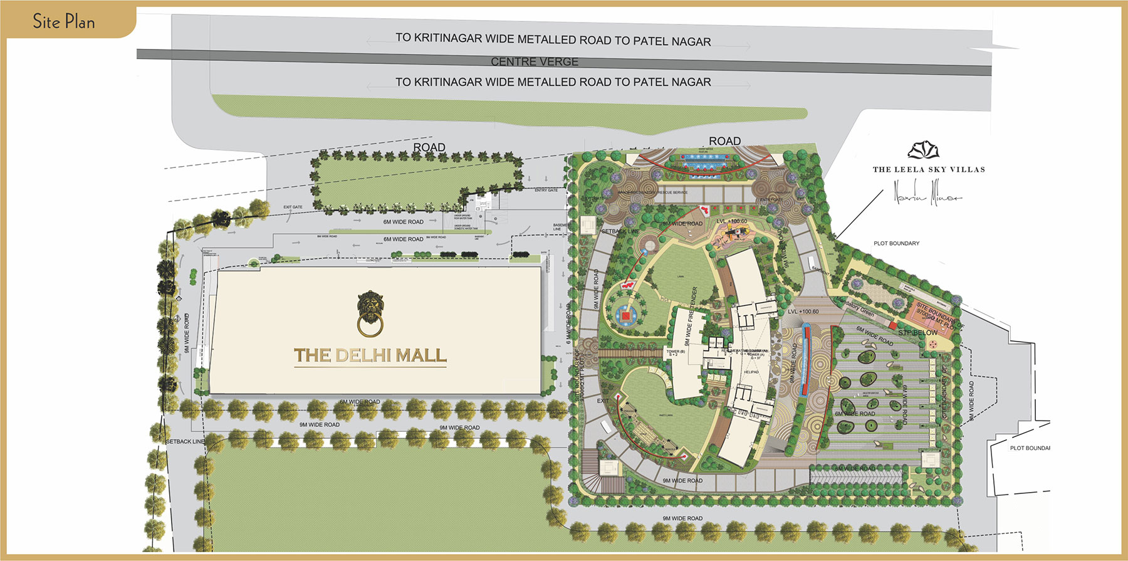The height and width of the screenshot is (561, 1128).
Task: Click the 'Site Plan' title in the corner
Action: [x=63, y=22]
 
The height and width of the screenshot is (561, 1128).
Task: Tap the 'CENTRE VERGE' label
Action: [x=534, y=61]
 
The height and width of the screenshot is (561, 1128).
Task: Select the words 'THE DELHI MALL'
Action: [x=370, y=355]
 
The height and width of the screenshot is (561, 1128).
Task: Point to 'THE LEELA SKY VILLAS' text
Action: [x=929, y=169]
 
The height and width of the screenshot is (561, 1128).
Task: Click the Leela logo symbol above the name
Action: [x=924, y=150]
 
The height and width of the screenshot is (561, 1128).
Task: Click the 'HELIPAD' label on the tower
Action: [x=751, y=372]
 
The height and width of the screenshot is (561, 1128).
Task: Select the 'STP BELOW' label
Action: [x=918, y=332]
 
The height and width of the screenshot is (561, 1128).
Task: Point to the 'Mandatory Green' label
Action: [x=856, y=307]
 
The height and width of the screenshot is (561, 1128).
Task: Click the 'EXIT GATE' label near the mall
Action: [x=293, y=207]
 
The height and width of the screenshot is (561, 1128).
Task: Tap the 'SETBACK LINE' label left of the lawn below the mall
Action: [x=185, y=441]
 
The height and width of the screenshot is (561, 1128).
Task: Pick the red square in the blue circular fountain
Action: [x=625, y=316]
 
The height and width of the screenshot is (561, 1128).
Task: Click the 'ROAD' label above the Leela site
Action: [x=724, y=141]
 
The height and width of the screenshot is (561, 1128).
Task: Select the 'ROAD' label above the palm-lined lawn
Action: [x=429, y=147]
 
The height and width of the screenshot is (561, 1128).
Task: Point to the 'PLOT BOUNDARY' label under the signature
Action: [x=896, y=243]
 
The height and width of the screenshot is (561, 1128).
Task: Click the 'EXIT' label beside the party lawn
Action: [x=603, y=401]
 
